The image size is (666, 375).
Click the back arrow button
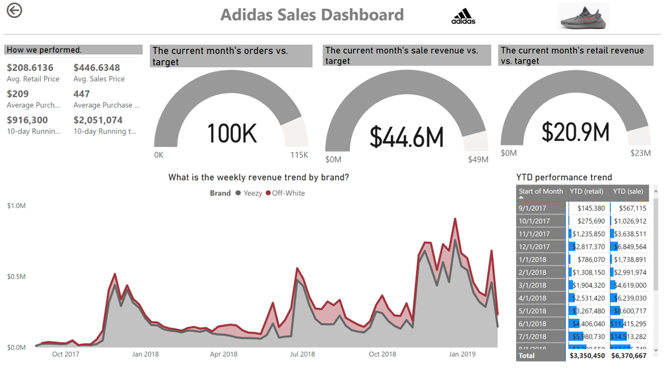(x=15, y=10)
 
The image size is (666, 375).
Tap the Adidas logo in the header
(x=463, y=16)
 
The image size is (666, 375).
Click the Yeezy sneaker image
(x=583, y=16)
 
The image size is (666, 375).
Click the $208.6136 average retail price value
(x=30, y=68)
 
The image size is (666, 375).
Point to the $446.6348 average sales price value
(x=97, y=68)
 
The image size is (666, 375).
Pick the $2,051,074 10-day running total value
(x=98, y=120)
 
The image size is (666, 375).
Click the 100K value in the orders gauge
(x=232, y=133)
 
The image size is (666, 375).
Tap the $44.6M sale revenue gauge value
(x=407, y=136)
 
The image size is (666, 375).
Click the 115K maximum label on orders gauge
(x=299, y=155)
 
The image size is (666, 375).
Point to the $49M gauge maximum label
(x=478, y=159)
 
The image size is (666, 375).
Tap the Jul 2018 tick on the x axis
(x=302, y=355)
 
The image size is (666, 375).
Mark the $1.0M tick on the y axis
(x=16, y=206)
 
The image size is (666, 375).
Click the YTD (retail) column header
(x=586, y=191)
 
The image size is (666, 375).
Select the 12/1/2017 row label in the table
(x=534, y=246)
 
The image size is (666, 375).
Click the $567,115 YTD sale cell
(x=630, y=208)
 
